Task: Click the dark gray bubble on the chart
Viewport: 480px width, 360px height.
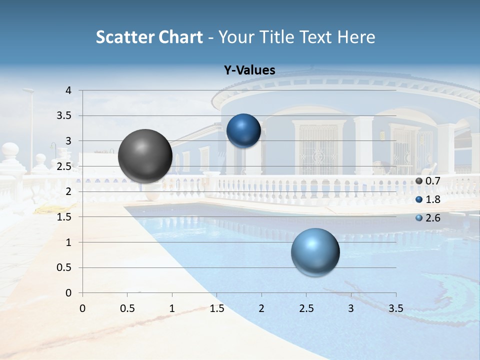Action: [x=145, y=156]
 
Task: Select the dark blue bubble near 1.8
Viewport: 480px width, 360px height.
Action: [x=243, y=131]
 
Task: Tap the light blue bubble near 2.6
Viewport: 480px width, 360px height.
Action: [x=315, y=252]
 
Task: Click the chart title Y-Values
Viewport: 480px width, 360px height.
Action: [x=249, y=70]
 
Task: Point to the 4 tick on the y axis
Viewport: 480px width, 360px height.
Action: [x=68, y=90]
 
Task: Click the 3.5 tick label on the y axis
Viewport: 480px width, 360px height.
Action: [x=64, y=116]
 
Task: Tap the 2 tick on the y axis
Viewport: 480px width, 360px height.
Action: [x=68, y=191]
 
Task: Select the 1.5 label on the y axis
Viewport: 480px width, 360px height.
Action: [x=64, y=217]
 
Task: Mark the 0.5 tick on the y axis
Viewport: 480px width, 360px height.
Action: [x=64, y=267]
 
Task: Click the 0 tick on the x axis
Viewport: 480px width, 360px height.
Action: [x=82, y=308]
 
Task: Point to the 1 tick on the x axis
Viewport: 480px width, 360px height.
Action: [x=172, y=308]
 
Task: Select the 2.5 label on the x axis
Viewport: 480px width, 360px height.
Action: [x=306, y=308]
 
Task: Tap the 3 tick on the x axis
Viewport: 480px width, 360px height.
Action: [x=351, y=308]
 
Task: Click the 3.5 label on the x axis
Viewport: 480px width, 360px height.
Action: [x=395, y=308]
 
